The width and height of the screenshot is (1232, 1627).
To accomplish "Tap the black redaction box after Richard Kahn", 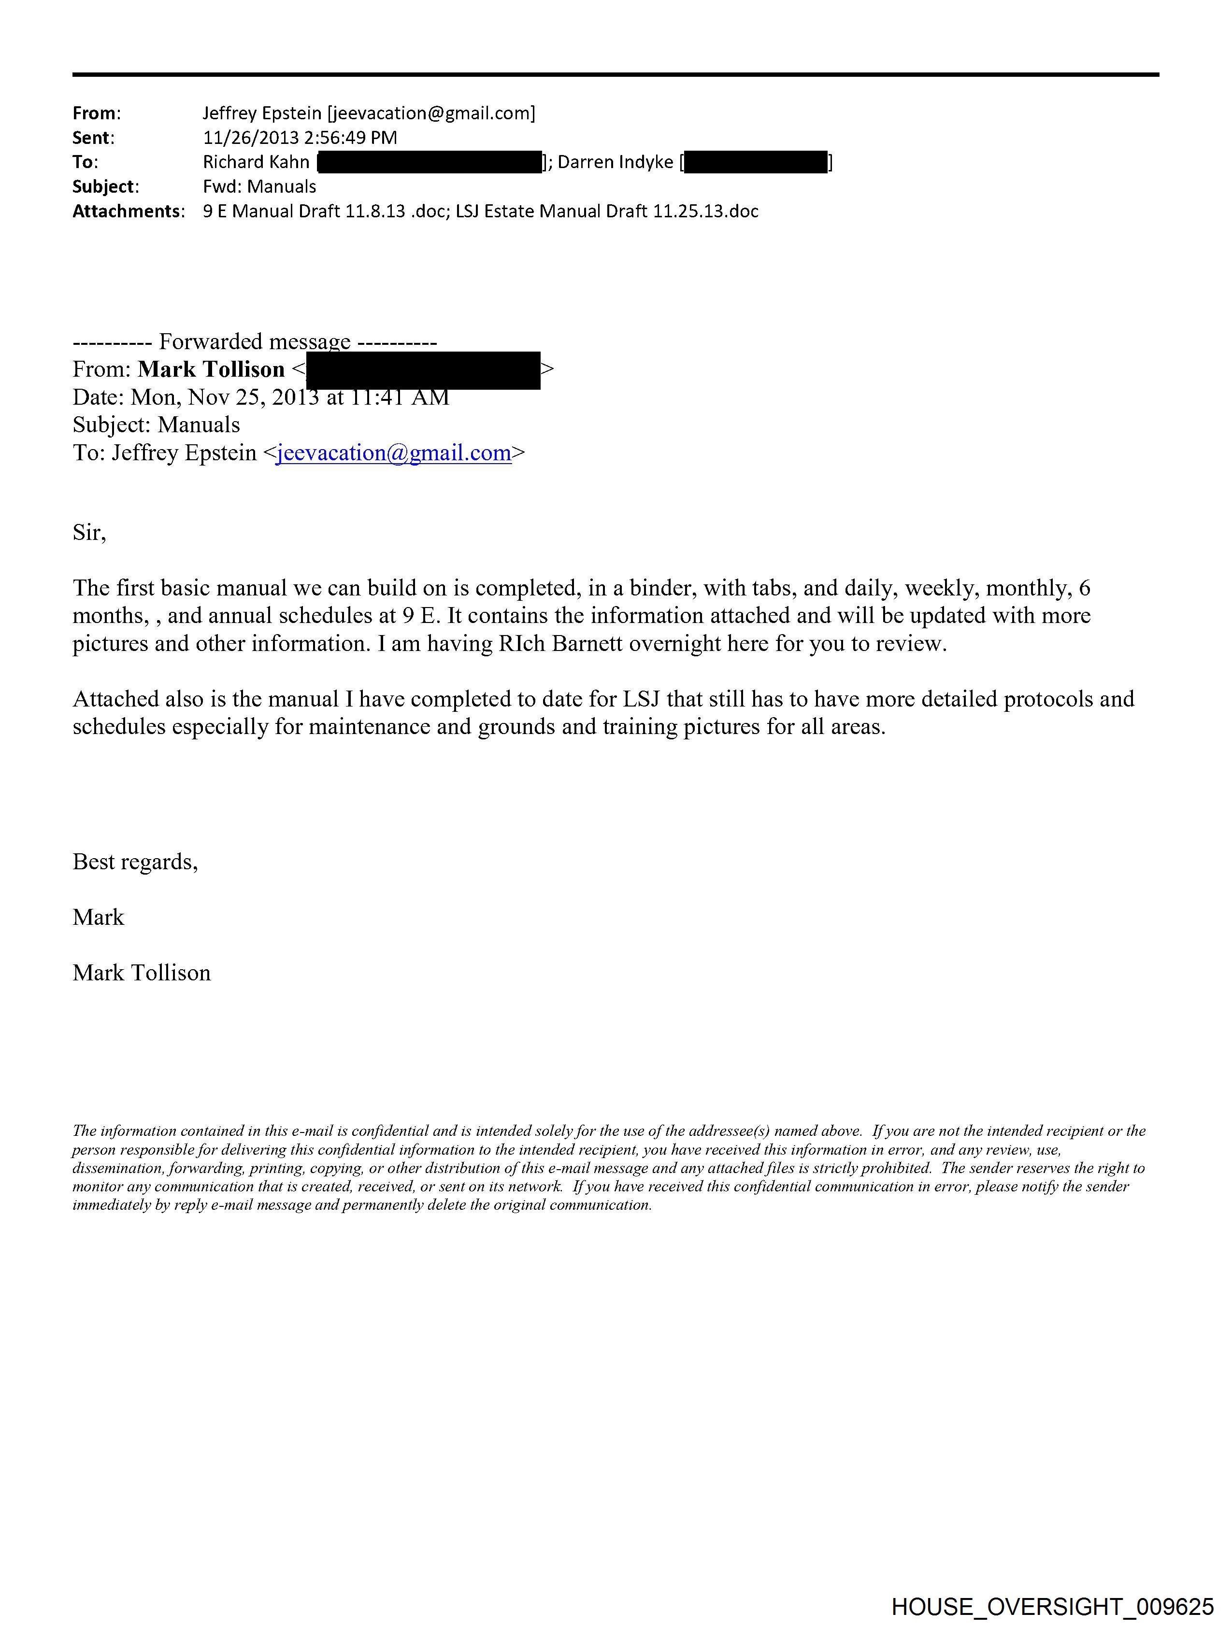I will [429, 162].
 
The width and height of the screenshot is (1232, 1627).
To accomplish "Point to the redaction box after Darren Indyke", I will [756, 162].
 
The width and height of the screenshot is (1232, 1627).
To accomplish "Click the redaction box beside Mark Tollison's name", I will [423, 370].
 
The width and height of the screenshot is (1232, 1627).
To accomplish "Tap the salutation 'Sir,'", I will [89, 533].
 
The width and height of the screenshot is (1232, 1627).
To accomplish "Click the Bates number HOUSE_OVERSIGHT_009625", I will [1052, 1606].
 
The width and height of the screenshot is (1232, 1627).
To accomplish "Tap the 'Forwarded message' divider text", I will [255, 342].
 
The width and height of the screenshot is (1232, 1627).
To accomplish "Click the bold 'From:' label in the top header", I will [96, 113].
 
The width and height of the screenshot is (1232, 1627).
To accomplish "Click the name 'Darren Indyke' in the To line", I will [615, 162].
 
